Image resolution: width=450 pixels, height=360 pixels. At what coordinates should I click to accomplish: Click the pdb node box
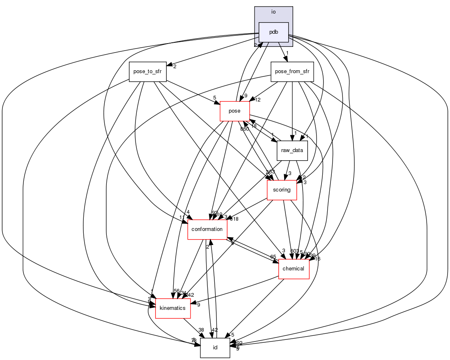(273, 32)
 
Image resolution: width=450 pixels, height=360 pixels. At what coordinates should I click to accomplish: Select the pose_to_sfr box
(147, 72)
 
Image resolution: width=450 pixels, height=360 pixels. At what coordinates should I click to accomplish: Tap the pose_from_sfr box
(292, 72)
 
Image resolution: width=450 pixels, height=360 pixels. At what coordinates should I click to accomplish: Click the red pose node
(235, 111)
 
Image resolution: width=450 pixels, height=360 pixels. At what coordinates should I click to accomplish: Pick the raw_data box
(292, 150)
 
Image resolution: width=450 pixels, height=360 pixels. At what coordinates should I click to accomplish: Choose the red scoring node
(282, 190)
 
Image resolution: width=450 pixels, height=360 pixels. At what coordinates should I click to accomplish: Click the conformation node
(207, 229)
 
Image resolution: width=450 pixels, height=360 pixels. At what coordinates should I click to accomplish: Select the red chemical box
(294, 269)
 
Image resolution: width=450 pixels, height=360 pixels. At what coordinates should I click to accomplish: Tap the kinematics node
(173, 308)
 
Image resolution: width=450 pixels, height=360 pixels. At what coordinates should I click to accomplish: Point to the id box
(215, 348)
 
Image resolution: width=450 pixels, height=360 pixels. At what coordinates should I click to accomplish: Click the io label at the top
(273, 12)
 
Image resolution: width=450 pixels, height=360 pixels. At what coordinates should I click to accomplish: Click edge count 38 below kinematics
(201, 330)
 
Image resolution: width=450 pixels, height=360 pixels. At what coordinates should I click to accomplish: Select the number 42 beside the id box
(214, 330)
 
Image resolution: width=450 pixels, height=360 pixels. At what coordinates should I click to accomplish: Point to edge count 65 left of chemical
(273, 257)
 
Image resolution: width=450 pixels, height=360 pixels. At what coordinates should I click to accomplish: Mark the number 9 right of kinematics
(198, 305)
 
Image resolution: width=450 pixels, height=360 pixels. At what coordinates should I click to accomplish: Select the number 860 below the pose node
(245, 129)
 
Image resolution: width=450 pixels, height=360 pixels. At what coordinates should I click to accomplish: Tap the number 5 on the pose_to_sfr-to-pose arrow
(214, 98)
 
